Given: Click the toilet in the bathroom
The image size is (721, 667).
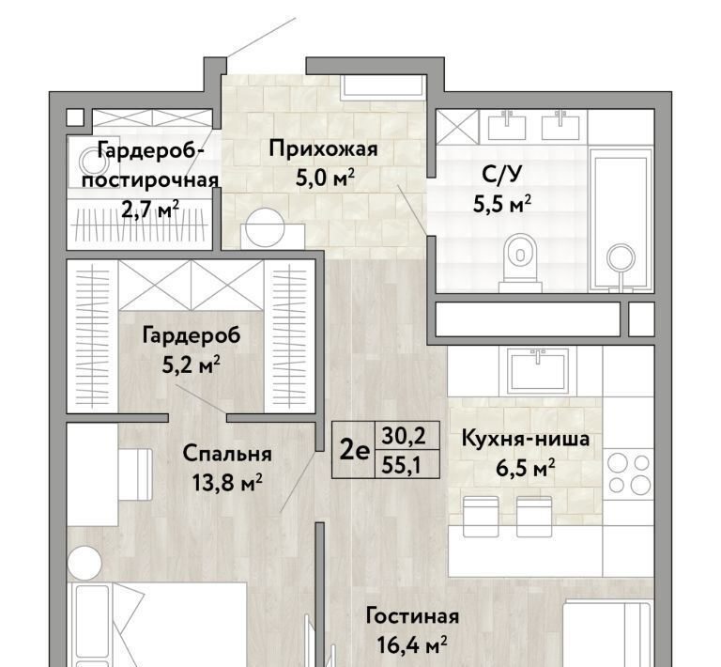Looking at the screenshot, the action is click(x=520, y=262).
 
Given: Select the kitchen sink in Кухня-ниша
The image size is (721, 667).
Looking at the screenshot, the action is click(x=538, y=371).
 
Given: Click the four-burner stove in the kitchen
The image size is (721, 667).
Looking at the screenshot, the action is click(x=628, y=473).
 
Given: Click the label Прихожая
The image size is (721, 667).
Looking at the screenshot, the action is click(x=323, y=149).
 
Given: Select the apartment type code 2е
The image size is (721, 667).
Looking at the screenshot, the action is click(x=354, y=451).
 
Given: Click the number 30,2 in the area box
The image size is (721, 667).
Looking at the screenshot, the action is click(x=404, y=435).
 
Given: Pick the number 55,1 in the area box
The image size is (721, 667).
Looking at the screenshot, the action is click(x=402, y=466).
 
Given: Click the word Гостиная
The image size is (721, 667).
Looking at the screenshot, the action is click(x=412, y=616).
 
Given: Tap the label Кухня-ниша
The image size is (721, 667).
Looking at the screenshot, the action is click(x=525, y=439).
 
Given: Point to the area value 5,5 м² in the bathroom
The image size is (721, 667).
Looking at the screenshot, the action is click(x=502, y=204).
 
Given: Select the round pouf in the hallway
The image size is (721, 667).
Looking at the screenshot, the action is click(x=265, y=227).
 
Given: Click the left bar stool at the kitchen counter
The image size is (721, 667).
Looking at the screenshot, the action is click(x=481, y=516).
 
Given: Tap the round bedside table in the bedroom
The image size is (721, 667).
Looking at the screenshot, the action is click(x=84, y=562).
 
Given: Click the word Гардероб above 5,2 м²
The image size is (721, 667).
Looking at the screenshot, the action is click(x=192, y=335).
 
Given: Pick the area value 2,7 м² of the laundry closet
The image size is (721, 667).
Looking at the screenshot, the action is click(x=150, y=209).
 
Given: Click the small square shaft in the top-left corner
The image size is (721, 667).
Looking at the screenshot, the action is click(x=75, y=117).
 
